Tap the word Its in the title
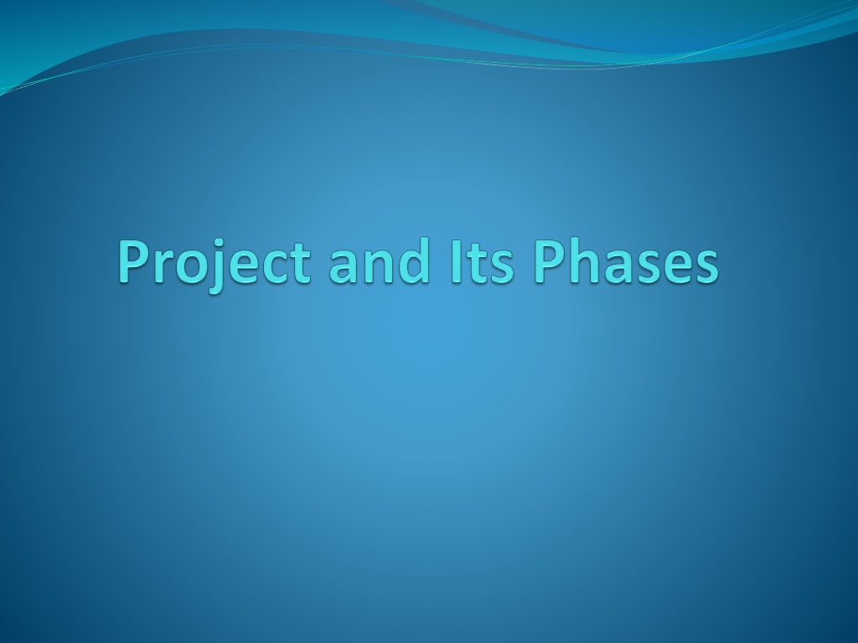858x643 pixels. pos(482,262)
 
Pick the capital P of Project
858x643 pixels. pos(135,261)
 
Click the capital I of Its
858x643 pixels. pos(455,261)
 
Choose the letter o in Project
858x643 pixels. pos(189,267)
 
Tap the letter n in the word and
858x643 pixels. pos(378,267)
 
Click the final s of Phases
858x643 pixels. pos(706,267)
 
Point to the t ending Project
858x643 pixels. pos(302,264)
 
